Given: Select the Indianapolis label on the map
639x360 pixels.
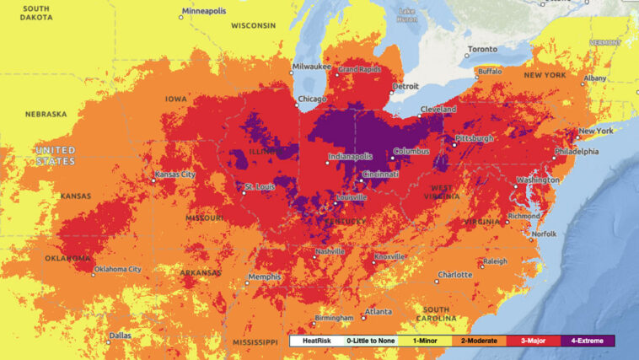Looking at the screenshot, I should [x=350, y=157].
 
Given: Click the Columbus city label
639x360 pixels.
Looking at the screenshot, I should [x=411, y=152].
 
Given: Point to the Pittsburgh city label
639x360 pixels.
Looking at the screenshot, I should [x=474, y=137].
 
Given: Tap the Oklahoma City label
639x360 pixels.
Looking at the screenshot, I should [x=117, y=270].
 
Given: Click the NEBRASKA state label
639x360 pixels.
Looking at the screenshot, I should [x=46, y=114].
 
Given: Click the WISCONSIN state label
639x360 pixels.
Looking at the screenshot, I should [x=255, y=25].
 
